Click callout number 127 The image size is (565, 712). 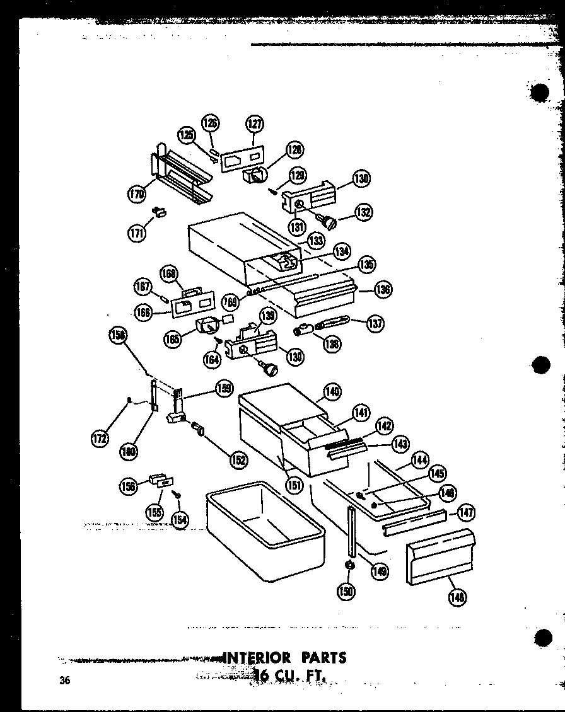click(x=255, y=123)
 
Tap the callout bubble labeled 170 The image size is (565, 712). click(x=137, y=193)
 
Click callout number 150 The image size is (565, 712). click(x=347, y=590)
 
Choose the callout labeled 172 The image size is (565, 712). click(x=100, y=439)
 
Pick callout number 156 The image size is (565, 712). click(x=129, y=485)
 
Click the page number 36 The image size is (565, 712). click(x=64, y=680)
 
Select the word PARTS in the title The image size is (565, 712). click(x=323, y=658)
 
